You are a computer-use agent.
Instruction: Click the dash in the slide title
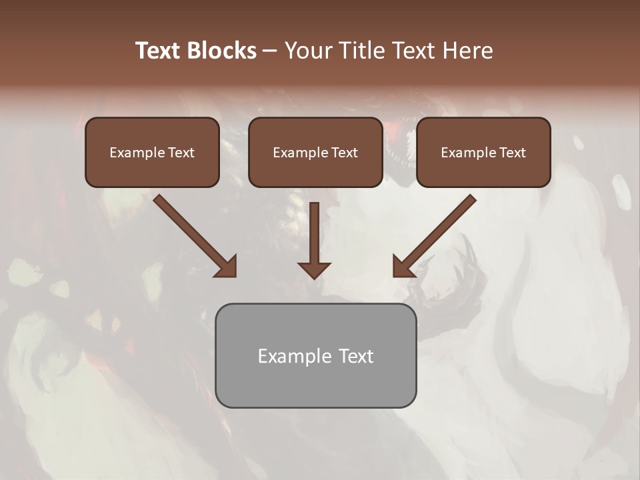pos(270,51)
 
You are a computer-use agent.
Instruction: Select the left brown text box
pos(152,152)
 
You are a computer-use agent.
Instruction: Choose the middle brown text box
pos(315,152)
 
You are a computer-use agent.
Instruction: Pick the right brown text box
pos(483,152)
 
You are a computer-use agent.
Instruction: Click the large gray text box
pos(315,355)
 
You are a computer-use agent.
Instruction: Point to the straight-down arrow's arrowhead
pos(314,270)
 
